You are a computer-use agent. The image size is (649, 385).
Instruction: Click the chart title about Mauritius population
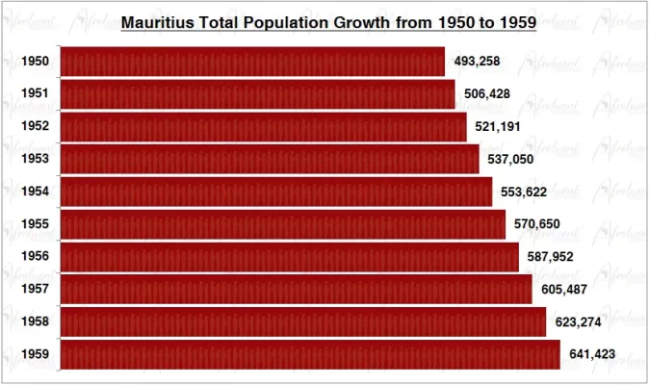(328, 21)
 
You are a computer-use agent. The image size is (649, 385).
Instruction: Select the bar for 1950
(252, 62)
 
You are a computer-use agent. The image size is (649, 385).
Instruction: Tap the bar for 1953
(270, 159)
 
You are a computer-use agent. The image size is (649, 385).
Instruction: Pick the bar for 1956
(289, 257)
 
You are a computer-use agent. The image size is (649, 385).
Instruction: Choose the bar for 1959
(310, 354)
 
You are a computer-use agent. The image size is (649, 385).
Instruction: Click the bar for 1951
(257, 94)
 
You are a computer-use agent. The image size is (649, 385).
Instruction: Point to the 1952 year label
(36, 126)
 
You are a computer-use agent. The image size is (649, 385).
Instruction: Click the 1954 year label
(36, 192)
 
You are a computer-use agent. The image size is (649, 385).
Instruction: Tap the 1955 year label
(36, 224)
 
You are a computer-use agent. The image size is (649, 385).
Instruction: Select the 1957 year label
(36, 290)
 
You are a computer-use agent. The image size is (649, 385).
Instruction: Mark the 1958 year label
(36, 322)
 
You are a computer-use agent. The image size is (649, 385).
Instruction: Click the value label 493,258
(476, 62)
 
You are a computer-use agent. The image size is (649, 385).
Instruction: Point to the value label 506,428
(486, 94)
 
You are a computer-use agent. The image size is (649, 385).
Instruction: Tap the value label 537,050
(510, 159)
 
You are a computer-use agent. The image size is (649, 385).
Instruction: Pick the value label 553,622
(524, 192)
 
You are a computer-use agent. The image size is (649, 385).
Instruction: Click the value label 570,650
(536, 224)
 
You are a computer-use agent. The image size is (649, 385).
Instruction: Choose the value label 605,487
(563, 290)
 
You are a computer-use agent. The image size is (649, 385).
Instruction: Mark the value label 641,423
(592, 354)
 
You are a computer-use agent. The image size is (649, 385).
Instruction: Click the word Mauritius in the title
(157, 21)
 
